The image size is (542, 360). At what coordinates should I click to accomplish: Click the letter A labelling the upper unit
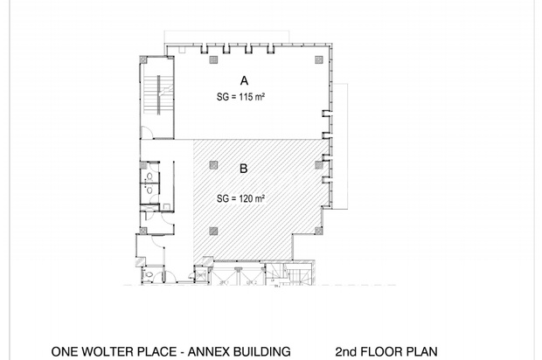coord(244,81)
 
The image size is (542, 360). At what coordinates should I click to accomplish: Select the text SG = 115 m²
coord(240,97)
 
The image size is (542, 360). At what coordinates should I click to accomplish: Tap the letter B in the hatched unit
coord(244,169)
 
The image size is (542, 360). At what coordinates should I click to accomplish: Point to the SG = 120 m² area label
coord(240,198)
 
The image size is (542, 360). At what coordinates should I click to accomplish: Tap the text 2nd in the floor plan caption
coord(345,352)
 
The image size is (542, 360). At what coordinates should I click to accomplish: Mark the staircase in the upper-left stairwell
coord(158,94)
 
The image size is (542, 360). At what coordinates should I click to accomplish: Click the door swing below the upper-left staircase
coord(147,133)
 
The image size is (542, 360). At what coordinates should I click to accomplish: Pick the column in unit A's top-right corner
coord(319,59)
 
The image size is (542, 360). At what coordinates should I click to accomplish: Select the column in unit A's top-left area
coord(213,59)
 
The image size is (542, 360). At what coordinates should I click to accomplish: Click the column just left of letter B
coord(213,165)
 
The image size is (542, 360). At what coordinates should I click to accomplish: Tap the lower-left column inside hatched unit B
coord(213,231)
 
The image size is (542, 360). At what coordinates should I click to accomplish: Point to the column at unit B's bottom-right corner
coord(319,231)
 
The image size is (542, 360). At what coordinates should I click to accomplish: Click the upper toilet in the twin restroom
coord(149,177)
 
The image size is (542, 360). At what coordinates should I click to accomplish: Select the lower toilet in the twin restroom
coord(149,190)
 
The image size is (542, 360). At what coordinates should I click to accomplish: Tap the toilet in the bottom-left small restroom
coord(149,274)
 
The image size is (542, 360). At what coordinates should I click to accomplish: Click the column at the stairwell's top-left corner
coord(143,59)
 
